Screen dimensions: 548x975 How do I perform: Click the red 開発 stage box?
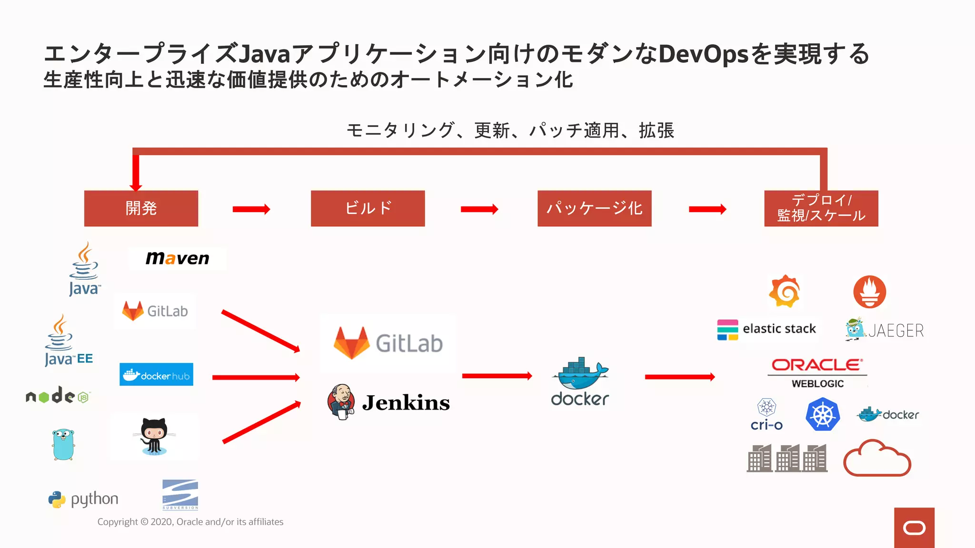[141, 208]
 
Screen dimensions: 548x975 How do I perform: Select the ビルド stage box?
[368, 208]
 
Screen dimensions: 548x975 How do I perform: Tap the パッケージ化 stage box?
[594, 208]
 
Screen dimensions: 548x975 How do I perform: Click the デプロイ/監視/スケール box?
[821, 208]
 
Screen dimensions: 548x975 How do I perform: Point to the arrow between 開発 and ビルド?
[251, 209]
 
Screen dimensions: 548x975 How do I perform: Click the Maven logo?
[177, 258]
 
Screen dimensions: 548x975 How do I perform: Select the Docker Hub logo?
[156, 374]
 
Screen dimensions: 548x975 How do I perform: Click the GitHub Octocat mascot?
[154, 435]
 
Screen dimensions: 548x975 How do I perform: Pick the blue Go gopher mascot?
[63, 444]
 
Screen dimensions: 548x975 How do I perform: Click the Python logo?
[83, 499]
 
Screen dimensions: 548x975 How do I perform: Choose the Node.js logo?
[58, 395]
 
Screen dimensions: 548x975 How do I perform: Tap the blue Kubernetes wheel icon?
[822, 415]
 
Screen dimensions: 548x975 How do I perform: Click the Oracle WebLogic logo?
[817, 373]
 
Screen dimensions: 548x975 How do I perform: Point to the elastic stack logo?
[766, 329]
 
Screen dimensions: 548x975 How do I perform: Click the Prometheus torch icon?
[869, 292]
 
